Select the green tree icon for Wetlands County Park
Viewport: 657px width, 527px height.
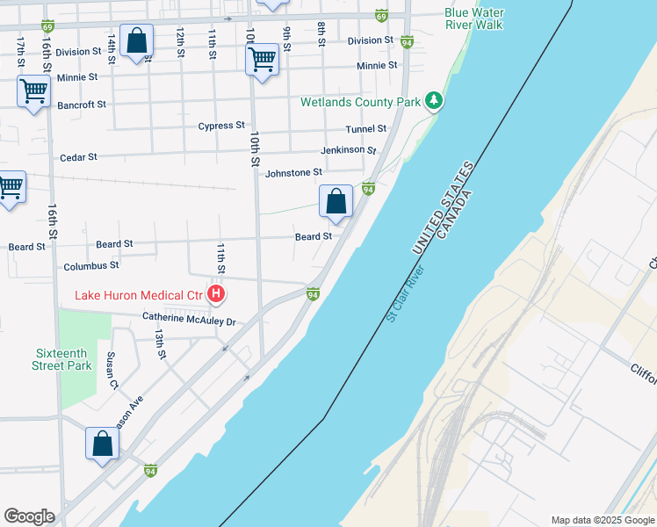coord(433,102)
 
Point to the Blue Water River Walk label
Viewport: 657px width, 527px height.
coord(474,18)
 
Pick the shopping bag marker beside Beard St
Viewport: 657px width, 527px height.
coord(336,202)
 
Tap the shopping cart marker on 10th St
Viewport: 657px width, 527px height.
coord(262,61)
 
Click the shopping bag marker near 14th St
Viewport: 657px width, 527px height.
coord(137,40)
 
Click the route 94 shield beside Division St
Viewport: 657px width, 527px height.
coord(407,41)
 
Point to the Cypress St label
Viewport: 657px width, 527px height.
coord(220,126)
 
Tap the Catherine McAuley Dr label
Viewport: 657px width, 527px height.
coord(190,321)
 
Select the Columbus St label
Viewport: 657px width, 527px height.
coord(90,265)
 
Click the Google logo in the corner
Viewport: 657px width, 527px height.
coord(29,516)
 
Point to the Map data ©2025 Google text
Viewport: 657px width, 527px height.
coord(602,520)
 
